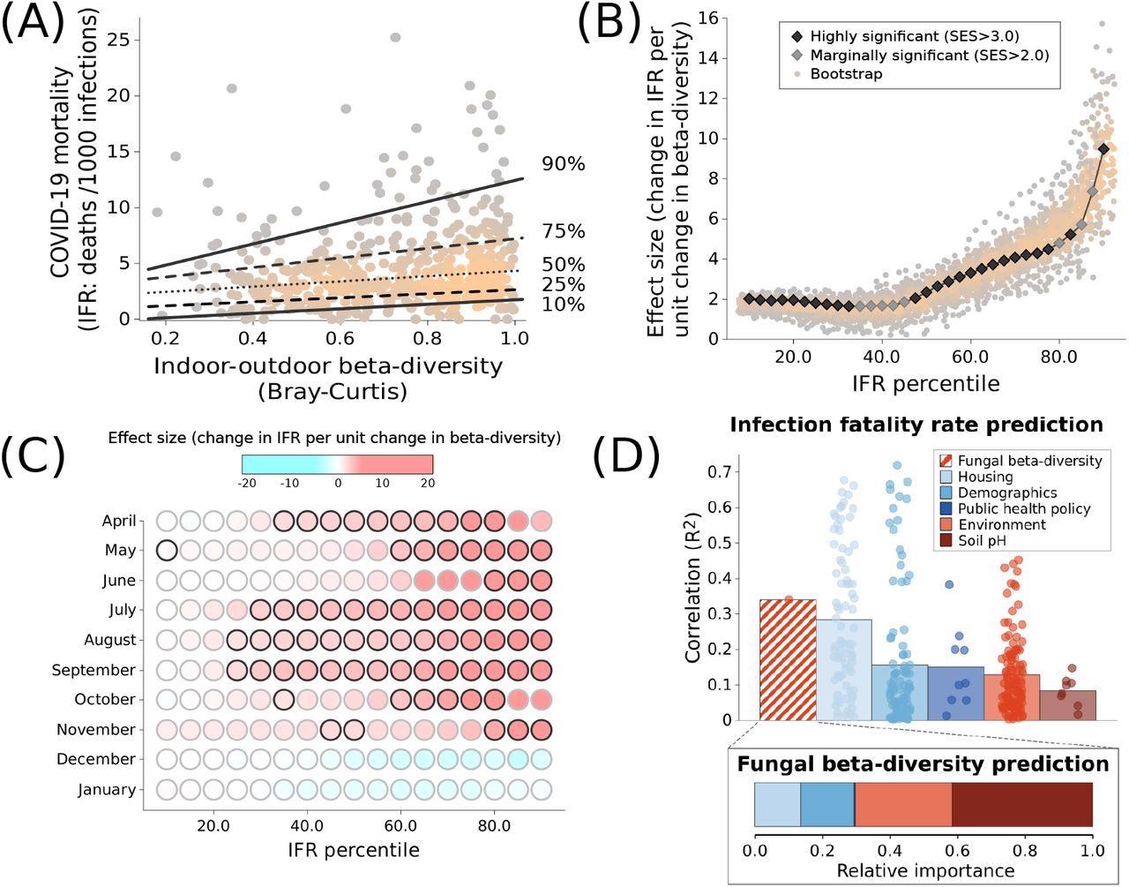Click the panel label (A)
pyautogui.click(x=33, y=23)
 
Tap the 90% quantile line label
pyautogui.click(x=564, y=164)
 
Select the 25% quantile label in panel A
pyautogui.click(x=564, y=284)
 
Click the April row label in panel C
pyautogui.click(x=119, y=521)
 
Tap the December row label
pyautogui.click(x=96, y=759)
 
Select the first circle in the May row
pyautogui.click(x=167, y=550)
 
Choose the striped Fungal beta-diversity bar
pyautogui.click(x=788, y=659)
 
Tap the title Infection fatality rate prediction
pyautogui.click(x=916, y=425)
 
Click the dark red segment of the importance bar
pyautogui.click(x=1021, y=805)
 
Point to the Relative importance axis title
pyautogui.click(x=924, y=870)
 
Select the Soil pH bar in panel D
pyautogui.click(x=1067, y=704)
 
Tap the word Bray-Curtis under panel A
pyautogui.click(x=333, y=391)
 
